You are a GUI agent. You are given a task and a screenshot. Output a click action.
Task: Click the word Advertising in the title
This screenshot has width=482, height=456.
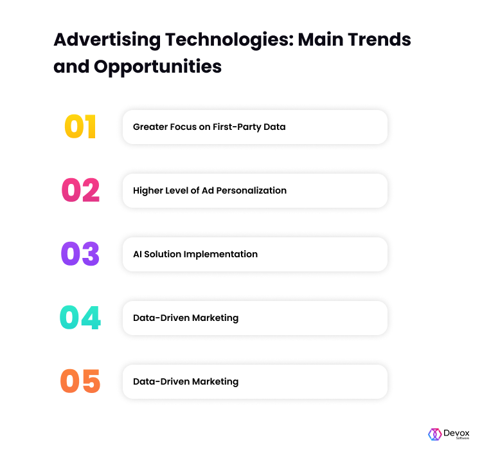[107, 41]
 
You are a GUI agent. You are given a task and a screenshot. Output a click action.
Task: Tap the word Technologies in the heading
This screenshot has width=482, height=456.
[229, 41]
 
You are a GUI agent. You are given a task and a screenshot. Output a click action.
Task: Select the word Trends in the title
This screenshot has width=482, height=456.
[379, 40]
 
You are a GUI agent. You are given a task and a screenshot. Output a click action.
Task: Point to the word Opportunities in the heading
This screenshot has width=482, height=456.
[157, 67]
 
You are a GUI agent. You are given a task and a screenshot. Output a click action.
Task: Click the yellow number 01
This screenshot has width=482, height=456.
[80, 127]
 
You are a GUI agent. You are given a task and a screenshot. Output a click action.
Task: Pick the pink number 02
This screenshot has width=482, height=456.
[80, 190]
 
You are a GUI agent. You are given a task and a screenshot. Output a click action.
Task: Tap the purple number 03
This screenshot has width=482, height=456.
[80, 254]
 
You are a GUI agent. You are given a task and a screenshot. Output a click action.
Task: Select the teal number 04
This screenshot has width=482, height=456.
[80, 318]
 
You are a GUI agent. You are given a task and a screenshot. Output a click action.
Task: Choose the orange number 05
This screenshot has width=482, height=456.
[80, 381]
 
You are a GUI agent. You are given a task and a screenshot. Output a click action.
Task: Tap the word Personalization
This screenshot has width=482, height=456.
[251, 191]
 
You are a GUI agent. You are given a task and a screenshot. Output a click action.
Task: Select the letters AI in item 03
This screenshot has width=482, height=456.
[138, 254]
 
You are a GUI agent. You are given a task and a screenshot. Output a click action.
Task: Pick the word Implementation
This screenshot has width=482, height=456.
[220, 255]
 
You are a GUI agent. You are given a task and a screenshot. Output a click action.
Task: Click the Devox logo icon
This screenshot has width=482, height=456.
[434, 435]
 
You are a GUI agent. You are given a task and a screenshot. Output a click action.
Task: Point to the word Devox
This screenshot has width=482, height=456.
[456, 433]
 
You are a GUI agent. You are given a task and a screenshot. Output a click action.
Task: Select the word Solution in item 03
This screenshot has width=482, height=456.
[163, 254]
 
